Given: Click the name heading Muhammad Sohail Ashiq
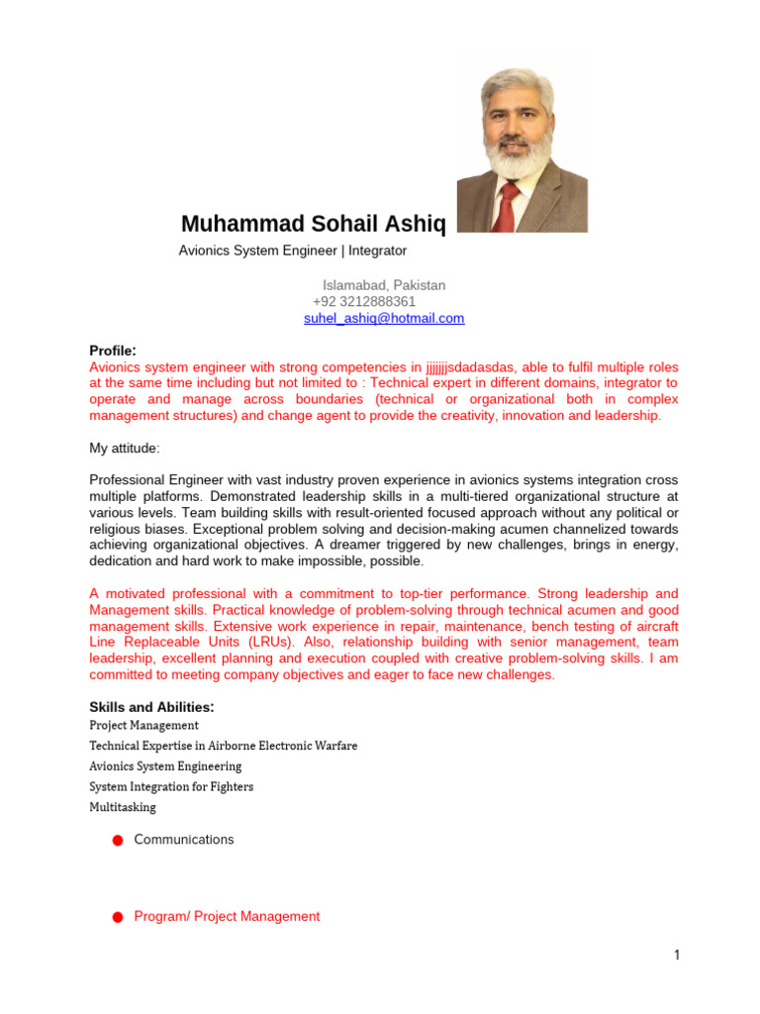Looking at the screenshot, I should [314, 225].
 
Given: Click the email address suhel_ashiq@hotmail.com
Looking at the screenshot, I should [383, 318].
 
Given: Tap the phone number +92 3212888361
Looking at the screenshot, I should [364, 301].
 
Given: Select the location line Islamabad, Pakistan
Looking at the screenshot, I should [384, 284].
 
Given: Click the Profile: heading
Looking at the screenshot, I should [112, 351].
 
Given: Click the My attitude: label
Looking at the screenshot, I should [124, 448].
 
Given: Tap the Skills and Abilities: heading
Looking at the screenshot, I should [151, 707].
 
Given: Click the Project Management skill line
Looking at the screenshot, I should [143, 725].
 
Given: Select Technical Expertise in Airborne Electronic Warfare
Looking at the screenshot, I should [223, 746].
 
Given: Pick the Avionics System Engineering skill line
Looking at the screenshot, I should [165, 766].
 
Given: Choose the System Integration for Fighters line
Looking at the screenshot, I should [171, 786].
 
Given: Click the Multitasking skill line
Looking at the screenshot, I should [123, 807].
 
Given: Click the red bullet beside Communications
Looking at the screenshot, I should [117, 841].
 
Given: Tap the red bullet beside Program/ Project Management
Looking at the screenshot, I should [117, 918].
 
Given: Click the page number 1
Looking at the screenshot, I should [677, 955].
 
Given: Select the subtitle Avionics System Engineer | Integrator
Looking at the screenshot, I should [292, 251].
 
